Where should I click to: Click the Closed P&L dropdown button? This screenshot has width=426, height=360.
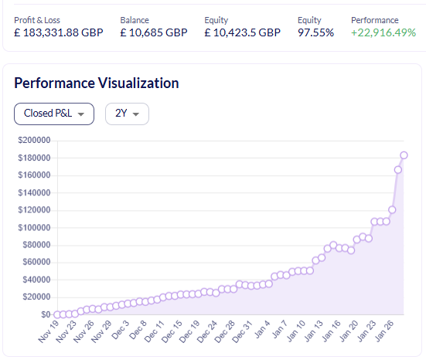pyautogui.click(x=54, y=114)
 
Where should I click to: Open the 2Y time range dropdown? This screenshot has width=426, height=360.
pyautogui.click(x=127, y=114)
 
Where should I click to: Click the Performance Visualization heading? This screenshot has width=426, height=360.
pyautogui.click(x=97, y=83)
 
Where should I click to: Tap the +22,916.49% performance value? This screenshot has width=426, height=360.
pyautogui.click(x=383, y=32)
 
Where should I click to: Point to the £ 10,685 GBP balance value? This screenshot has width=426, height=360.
pyautogui.click(x=154, y=32)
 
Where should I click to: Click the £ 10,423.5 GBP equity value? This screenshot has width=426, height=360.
pyautogui.click(x=242, y=32)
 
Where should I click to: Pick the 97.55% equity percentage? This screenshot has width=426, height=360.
pyautogui.click(x=315, y=32)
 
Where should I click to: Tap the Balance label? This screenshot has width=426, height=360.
pyautogui.click(x=135, y=19)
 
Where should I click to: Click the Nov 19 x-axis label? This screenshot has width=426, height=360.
pyautogui.click(x=48, y=333)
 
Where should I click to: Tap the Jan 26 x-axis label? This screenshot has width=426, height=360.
pyautogui.click(x=387, y=333)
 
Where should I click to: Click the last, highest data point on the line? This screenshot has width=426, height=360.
pyautogui.click(x=404, y=155)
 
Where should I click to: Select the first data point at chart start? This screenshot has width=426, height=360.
pyautogui.click(x=57, y=314)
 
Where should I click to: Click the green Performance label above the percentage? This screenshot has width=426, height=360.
pyautogui.click(x=374, y=19)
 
